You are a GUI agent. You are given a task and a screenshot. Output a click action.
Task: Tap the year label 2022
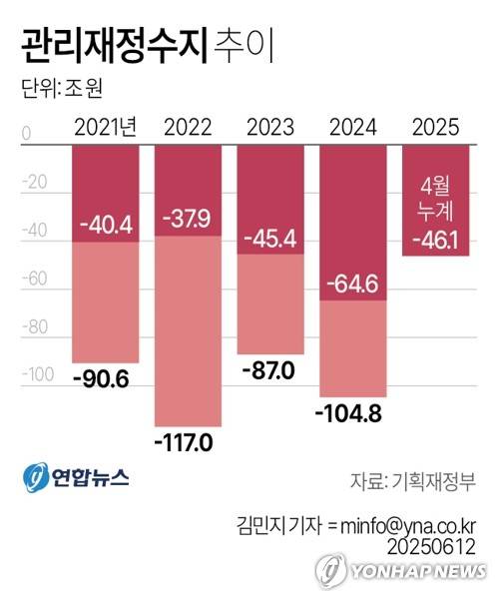[188, 127]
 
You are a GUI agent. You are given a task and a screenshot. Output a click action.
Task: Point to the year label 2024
[352, 127]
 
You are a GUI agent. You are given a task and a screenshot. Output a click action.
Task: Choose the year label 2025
[434, 127]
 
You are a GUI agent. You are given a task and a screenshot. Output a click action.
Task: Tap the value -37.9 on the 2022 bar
[188, 218]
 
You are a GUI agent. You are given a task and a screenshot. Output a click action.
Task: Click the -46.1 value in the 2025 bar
[435, 240]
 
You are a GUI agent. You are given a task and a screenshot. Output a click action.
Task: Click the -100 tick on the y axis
[36, 373]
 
